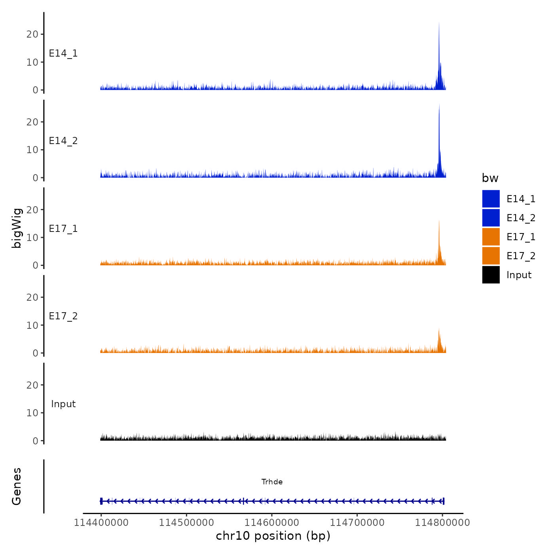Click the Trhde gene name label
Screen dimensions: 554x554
coord(272,482)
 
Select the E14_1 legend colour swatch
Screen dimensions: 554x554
coord(491,199)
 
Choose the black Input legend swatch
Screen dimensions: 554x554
coord(491,275)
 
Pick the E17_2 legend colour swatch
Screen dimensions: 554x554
coord(491,256)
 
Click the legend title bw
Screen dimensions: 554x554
coord(490,178)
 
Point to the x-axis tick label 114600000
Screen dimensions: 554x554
coord(272,522)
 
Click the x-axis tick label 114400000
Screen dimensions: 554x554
coord(101,522)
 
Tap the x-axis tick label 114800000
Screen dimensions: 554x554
coord(442,522)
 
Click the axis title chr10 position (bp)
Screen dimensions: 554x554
coord(273,536)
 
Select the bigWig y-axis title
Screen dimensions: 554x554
coord(17,228)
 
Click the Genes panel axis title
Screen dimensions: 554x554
coord(17,486)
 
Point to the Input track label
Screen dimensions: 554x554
coord(63,404)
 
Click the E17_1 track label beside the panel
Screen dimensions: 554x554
coord(63,229)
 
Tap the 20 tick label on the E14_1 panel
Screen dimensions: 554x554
coord(32,34)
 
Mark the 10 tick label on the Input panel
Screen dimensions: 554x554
coord(32,413)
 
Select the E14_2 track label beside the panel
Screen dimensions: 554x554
coord(63,141)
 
